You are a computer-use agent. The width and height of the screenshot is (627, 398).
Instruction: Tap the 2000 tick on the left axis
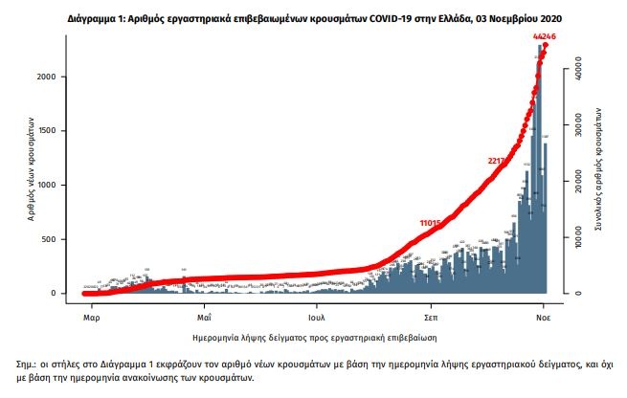tap(56, 77)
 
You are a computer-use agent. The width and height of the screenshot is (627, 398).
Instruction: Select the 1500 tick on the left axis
tap(56, 131)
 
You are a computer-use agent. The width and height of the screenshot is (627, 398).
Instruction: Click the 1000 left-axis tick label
tap(56, 185)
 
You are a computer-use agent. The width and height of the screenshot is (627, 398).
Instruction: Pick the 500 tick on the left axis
tap(59, 239)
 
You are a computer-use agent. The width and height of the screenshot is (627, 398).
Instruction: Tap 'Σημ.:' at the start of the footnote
tap(29, 365)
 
